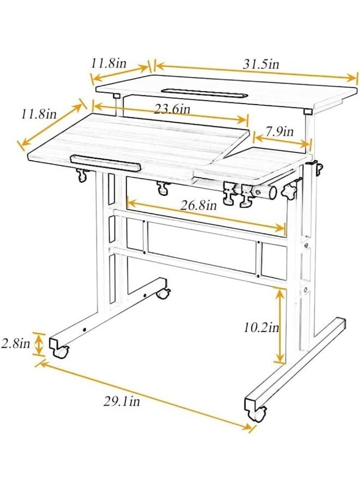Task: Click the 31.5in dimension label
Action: coord(261,64)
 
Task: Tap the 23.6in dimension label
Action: coord(172,109)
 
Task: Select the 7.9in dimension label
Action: coord(280,131)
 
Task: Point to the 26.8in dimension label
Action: coord(199,206)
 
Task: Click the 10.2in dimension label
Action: coord(261,328)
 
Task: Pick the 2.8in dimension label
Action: coord(16,344)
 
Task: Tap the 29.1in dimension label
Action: coord(122,401)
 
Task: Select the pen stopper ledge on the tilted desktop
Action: coord(105,163)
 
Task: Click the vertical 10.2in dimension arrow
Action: coord(280,326)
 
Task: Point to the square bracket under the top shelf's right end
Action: coord(308,111)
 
